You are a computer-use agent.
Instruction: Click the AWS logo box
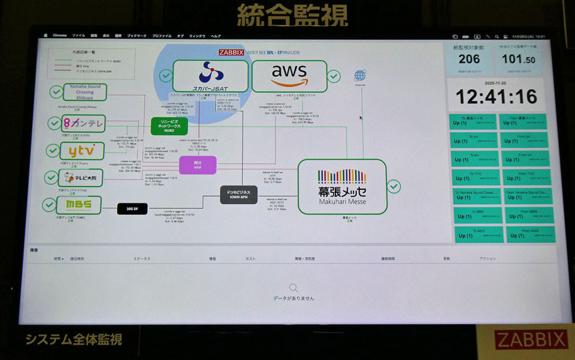289,76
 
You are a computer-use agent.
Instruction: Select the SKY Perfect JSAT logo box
210,76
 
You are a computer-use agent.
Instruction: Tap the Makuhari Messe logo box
342,186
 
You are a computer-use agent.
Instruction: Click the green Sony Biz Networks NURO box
168,126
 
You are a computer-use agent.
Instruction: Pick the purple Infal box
197,165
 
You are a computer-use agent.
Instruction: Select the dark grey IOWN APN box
239,195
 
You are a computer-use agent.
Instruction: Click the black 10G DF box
132,209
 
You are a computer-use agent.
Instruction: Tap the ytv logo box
82,151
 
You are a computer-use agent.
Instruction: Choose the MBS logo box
82,205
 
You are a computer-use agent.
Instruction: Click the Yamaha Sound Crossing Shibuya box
84,92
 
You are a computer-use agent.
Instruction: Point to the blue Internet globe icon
360,76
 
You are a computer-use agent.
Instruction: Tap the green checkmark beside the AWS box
334,77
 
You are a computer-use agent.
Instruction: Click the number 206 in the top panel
469,59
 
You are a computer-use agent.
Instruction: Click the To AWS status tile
477,234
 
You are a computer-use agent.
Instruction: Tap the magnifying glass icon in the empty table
293,288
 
